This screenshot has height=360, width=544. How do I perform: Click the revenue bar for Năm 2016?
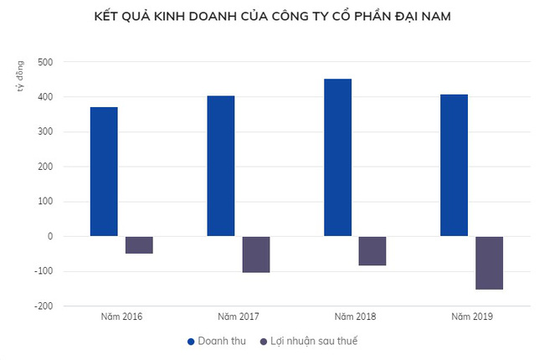[x=104, y=172]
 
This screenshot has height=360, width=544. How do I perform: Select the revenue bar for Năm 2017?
[x=221, y=166]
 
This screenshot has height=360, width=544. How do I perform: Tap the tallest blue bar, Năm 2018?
[x=338, y=157]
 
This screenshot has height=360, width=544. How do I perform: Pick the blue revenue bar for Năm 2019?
[x=454, y=165]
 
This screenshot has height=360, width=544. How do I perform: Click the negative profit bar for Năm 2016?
[x=139, y=244]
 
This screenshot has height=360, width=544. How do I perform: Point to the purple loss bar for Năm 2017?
[x=256, y=255]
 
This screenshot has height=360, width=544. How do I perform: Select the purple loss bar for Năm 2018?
[x=372, y=250]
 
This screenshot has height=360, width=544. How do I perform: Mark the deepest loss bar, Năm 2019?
[x=490, y=263]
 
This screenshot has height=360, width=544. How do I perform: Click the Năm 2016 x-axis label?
[x=121, y=316]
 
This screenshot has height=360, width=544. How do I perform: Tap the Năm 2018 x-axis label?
[x=355, y=316]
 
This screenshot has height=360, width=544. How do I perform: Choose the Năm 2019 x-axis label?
[x=472, y=316]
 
